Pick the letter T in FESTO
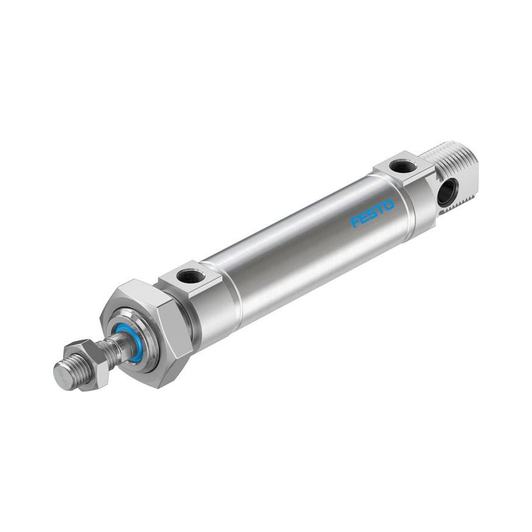381,209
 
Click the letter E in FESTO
363,218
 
